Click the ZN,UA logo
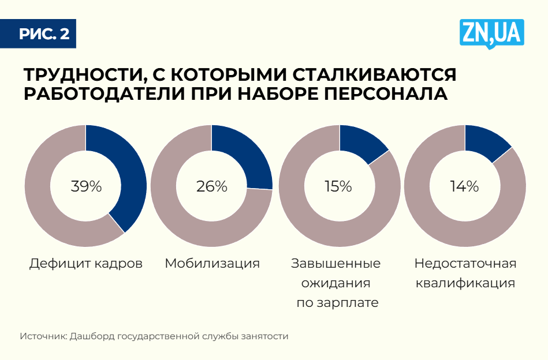[x=491, y=33]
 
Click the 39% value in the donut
[x=86, y=186]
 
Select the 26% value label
[x=212, y=186]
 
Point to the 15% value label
[x=338, y=186]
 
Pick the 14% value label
[x=464, y=186]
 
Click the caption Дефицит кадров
[x=86, y=264]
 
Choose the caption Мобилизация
[x=212, y=264]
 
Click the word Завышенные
[x=335, y=264]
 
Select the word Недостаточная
[x=465, y=264]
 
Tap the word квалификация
[x=465, y=284]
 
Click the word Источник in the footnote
[x=43, y=336]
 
